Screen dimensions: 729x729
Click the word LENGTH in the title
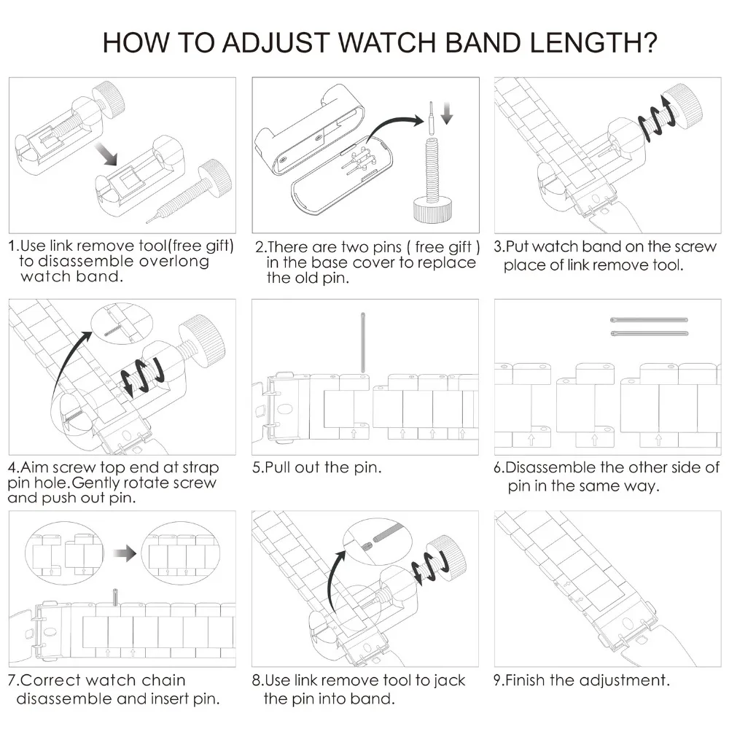coord(593,43)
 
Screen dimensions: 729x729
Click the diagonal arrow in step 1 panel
coord(106,154)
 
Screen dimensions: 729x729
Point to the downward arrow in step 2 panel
coord(447,114)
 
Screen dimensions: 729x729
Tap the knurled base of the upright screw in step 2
coord(432,210)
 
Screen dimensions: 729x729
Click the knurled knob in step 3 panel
coord(682,104)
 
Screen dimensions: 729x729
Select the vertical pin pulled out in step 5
coord(362,343)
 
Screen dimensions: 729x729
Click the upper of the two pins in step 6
coord(649,320)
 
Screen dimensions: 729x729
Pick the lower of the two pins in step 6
coord(649,333)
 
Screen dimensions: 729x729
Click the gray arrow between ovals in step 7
coord(125,553)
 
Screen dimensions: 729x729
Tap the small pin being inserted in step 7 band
coord(115,597)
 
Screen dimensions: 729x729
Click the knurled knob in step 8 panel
coord(447,556)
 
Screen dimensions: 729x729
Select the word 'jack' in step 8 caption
coord(448,681)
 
